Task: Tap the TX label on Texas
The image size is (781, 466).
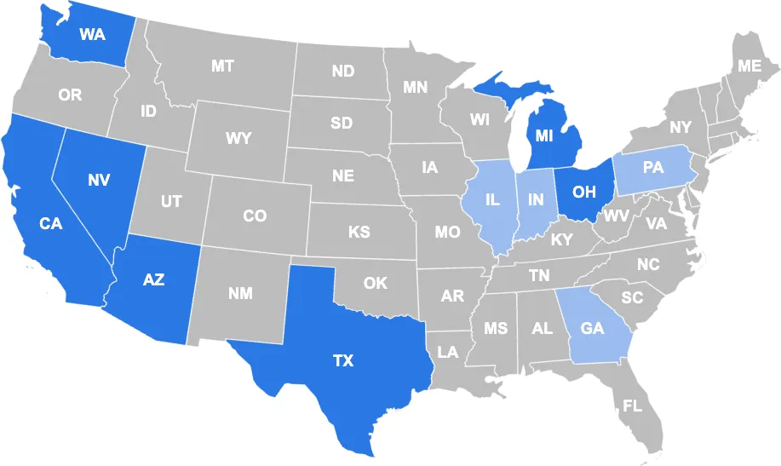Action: pyautogui.click(x=342, y=361)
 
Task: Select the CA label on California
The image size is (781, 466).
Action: pyautogui.click(x=51, y=223)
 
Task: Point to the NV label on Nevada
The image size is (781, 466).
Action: pyautogui.click(x=99, y=180)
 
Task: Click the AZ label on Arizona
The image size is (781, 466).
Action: pyautogui.click(x=153, y=280)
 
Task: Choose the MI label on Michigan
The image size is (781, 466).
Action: pyautogui.click(x=545, y=135)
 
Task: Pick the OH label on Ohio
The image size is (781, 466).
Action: pyautogui.click(x=583, y=192)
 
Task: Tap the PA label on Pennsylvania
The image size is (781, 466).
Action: pyautogui.click(x=653, y=168)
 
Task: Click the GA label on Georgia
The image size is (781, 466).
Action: pyautogui.click(x=593, y=327)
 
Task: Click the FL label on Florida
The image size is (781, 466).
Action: pyautogui.click(x=632, y=406)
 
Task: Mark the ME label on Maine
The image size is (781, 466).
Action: pyautogui.click(x=749, y=66)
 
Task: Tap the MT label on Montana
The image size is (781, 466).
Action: pyautogui.click(x=222, y=66)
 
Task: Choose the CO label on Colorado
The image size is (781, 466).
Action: pyautogui.click(x=255, y=216)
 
